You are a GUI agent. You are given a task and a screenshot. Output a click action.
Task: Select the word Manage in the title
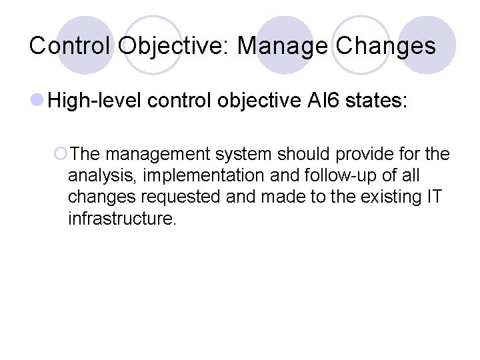(283, 46)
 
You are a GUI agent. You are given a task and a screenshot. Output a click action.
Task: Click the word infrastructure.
(122, 219)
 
